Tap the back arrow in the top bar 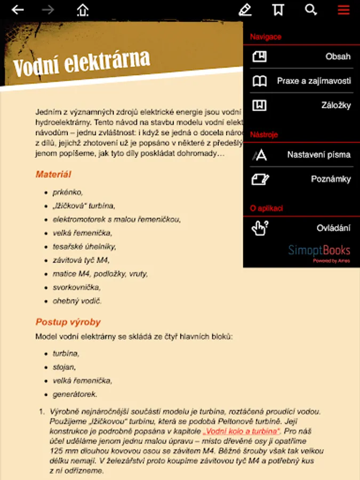click(18, 10)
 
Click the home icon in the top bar click(82, 10)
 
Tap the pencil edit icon click(245, 10)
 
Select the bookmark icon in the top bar click(278, 10)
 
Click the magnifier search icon click(310, 10)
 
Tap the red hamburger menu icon click(343, 10)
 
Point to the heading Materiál click(53, 174)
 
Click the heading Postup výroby click(68, 322)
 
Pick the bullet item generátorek click(75, 395)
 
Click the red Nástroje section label click(264, 135)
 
